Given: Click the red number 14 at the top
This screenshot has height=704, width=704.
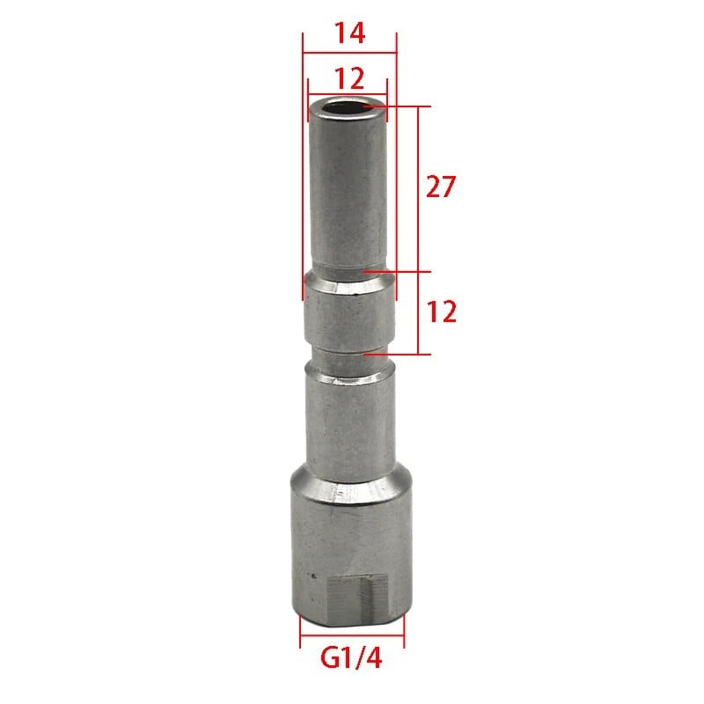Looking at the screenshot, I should [349, 33].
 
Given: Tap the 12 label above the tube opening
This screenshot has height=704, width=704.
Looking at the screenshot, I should [349, 78].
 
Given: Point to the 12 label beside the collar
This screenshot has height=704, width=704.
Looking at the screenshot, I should [441, 311].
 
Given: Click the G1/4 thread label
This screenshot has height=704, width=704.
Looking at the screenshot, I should [352, 656].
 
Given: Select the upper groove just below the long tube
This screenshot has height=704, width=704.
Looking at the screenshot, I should [349, 269].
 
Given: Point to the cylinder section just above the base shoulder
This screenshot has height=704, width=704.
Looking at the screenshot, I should [349, 422].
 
